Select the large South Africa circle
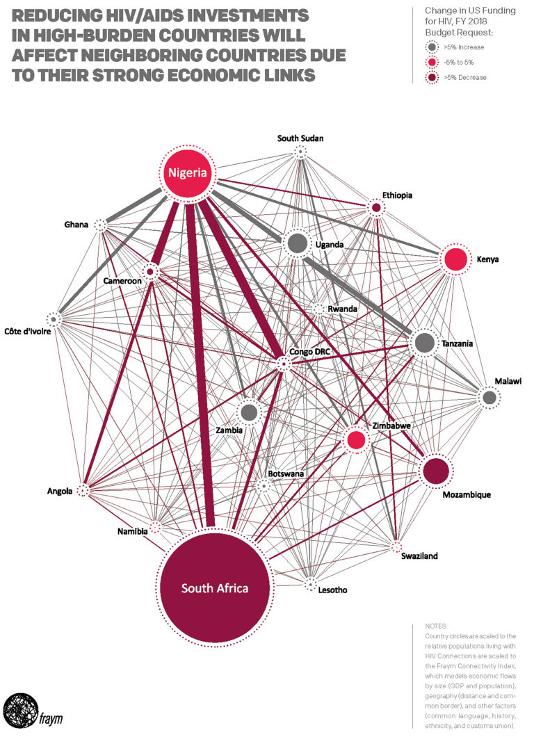tap(215, 587)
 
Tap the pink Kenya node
tap(455, 259)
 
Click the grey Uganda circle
tap(297, 243)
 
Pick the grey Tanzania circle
tap(424, 343)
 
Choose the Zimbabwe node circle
tap(356, 439)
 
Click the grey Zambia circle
tap(249, 412)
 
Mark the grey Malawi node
tap(489, 397)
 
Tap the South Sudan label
tap(300, 138)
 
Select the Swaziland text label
tap(419, 556)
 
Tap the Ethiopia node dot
tap(376, 207)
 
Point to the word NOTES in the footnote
tap(437, 626)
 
